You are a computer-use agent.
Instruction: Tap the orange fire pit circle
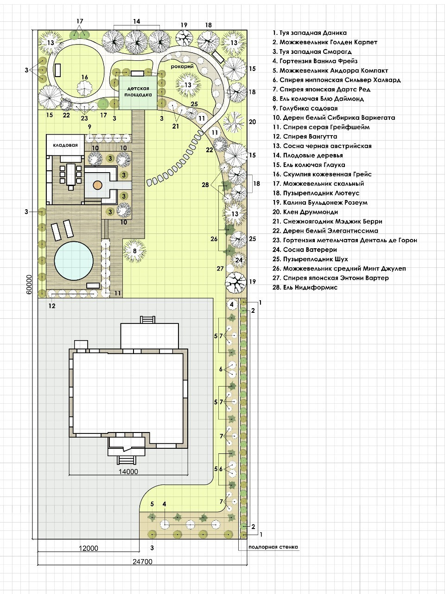tap(97, 185)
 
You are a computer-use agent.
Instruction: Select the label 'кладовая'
tap(65, 145)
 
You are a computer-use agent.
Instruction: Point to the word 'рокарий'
tap(182, 66)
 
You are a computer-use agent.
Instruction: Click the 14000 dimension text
tap(128, 471)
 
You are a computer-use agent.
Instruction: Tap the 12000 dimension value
tap(89, 548)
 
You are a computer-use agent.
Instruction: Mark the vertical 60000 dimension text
tap(29, 284)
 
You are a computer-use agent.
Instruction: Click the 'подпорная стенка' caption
tap(273, 547)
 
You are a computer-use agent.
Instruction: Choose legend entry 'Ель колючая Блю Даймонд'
tap(318, 99)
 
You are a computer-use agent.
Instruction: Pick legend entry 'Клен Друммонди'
tap(305, 212)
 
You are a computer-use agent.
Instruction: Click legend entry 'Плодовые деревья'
tap(307, 155)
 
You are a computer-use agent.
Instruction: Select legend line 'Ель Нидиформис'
tap(305, 287)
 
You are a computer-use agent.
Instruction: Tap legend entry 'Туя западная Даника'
tap(309, 33)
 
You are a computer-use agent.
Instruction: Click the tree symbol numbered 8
tap(134, 251)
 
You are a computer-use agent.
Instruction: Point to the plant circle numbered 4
tap(232, 304)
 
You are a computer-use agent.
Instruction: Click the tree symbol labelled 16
tap(84, 87)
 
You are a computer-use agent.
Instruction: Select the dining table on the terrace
tap(71, 174)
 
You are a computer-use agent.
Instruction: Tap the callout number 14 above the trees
tap(137, 21)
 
